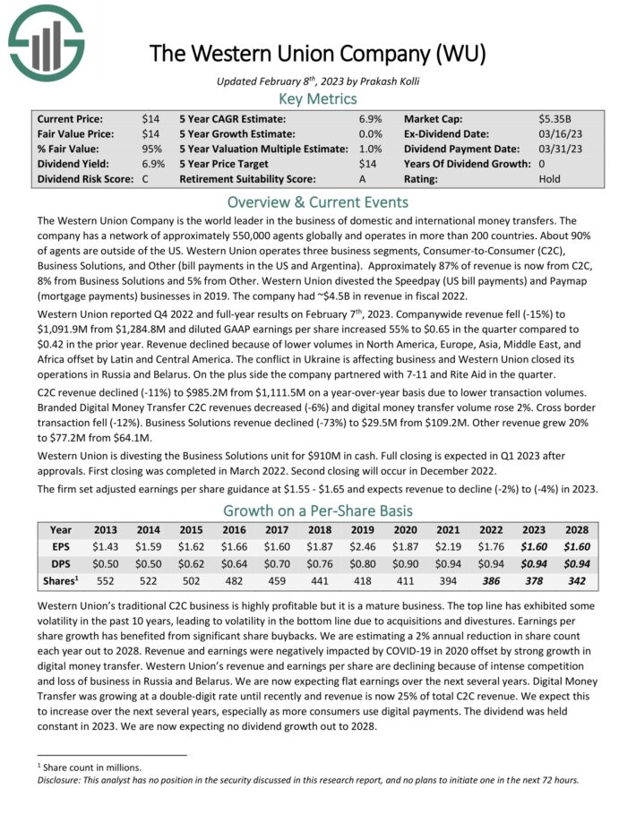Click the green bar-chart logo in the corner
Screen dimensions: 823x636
click(x=46, y=41)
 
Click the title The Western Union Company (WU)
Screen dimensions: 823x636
click(x=317, y=53)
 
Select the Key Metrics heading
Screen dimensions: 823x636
click(x=318, y=99)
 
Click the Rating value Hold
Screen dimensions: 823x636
click(x=550, y=179)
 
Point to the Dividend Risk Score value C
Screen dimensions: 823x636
click(x=146, y=179)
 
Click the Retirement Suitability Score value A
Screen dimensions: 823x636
click(x=377, y=179)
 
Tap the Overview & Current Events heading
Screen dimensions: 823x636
click(x=318, y=201)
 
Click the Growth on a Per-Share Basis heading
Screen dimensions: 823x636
click(x=318, y=511)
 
